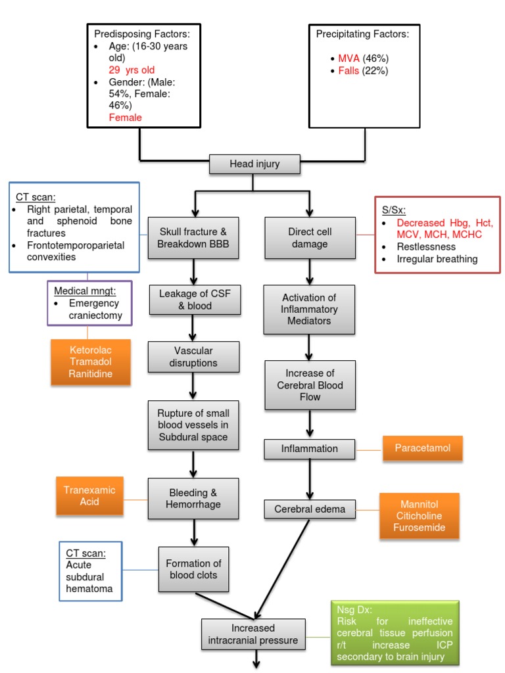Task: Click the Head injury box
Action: click(254, 164)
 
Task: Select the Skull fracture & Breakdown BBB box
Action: click(193, 238)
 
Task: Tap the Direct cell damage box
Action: click(310, 238)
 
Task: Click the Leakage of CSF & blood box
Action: click(193, 299)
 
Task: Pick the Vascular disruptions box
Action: click(193, 357)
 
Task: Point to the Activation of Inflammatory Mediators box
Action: click(310, 310)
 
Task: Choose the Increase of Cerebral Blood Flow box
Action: click(310, 385)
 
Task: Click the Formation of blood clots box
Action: click(193, 570)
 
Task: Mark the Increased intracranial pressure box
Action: click(254, 634)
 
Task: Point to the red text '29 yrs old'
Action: click(132, 68)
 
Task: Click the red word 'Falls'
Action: click(349, 71)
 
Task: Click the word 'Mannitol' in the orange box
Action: click(419, 504)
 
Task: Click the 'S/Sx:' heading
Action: click(395, 211)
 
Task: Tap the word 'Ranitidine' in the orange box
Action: click(91, 373)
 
